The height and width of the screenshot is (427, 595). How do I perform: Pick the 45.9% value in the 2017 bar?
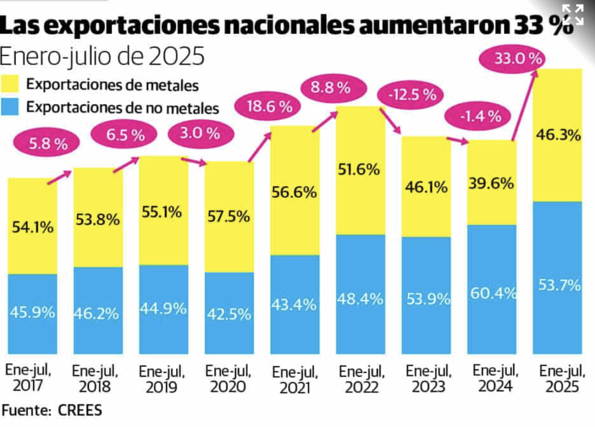(33, 312)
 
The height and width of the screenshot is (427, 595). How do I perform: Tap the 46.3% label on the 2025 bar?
(558, 136)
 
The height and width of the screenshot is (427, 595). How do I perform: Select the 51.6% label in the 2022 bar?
(360, 170)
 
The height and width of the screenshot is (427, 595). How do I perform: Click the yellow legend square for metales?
(14, 84)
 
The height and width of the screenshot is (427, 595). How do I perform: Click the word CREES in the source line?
(80, 410)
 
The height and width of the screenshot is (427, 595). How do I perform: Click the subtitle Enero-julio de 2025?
(102, 56)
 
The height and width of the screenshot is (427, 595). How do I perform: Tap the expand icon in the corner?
(573, 14)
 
